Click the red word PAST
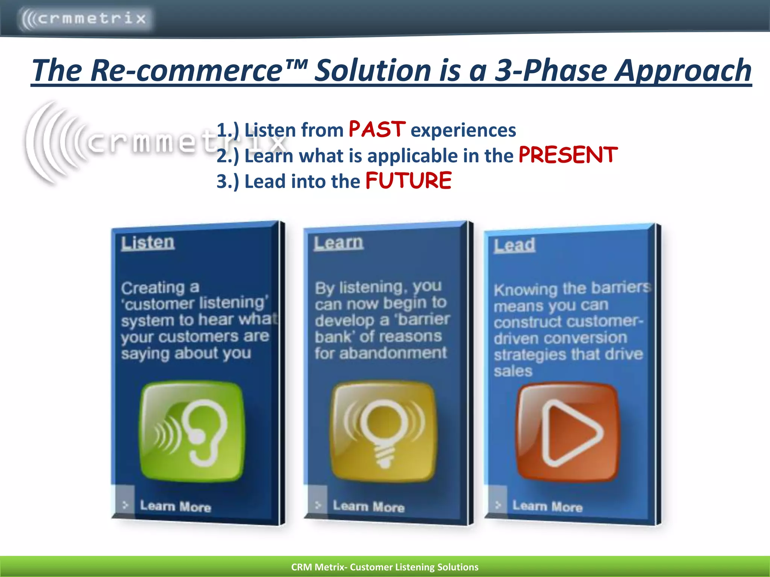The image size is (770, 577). pos(377,129)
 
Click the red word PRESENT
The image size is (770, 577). pos(568,155)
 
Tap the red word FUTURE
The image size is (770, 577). pos(408,181)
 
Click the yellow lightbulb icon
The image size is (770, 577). pos(383,431)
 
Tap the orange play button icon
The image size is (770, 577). pos(568,432)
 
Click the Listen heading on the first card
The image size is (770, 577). pos(148,243)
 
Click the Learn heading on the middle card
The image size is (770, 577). pos(339,243)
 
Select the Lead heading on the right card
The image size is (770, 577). pos(514,245)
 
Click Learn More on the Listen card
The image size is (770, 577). pos(175,506)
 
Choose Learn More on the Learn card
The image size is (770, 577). pos(368,507)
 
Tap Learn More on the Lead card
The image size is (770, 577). pos(547,507)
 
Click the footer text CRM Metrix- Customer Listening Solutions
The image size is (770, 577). pos(385,567)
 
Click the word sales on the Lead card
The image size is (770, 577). pos(513,371)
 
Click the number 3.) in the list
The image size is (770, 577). pos(227,181)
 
